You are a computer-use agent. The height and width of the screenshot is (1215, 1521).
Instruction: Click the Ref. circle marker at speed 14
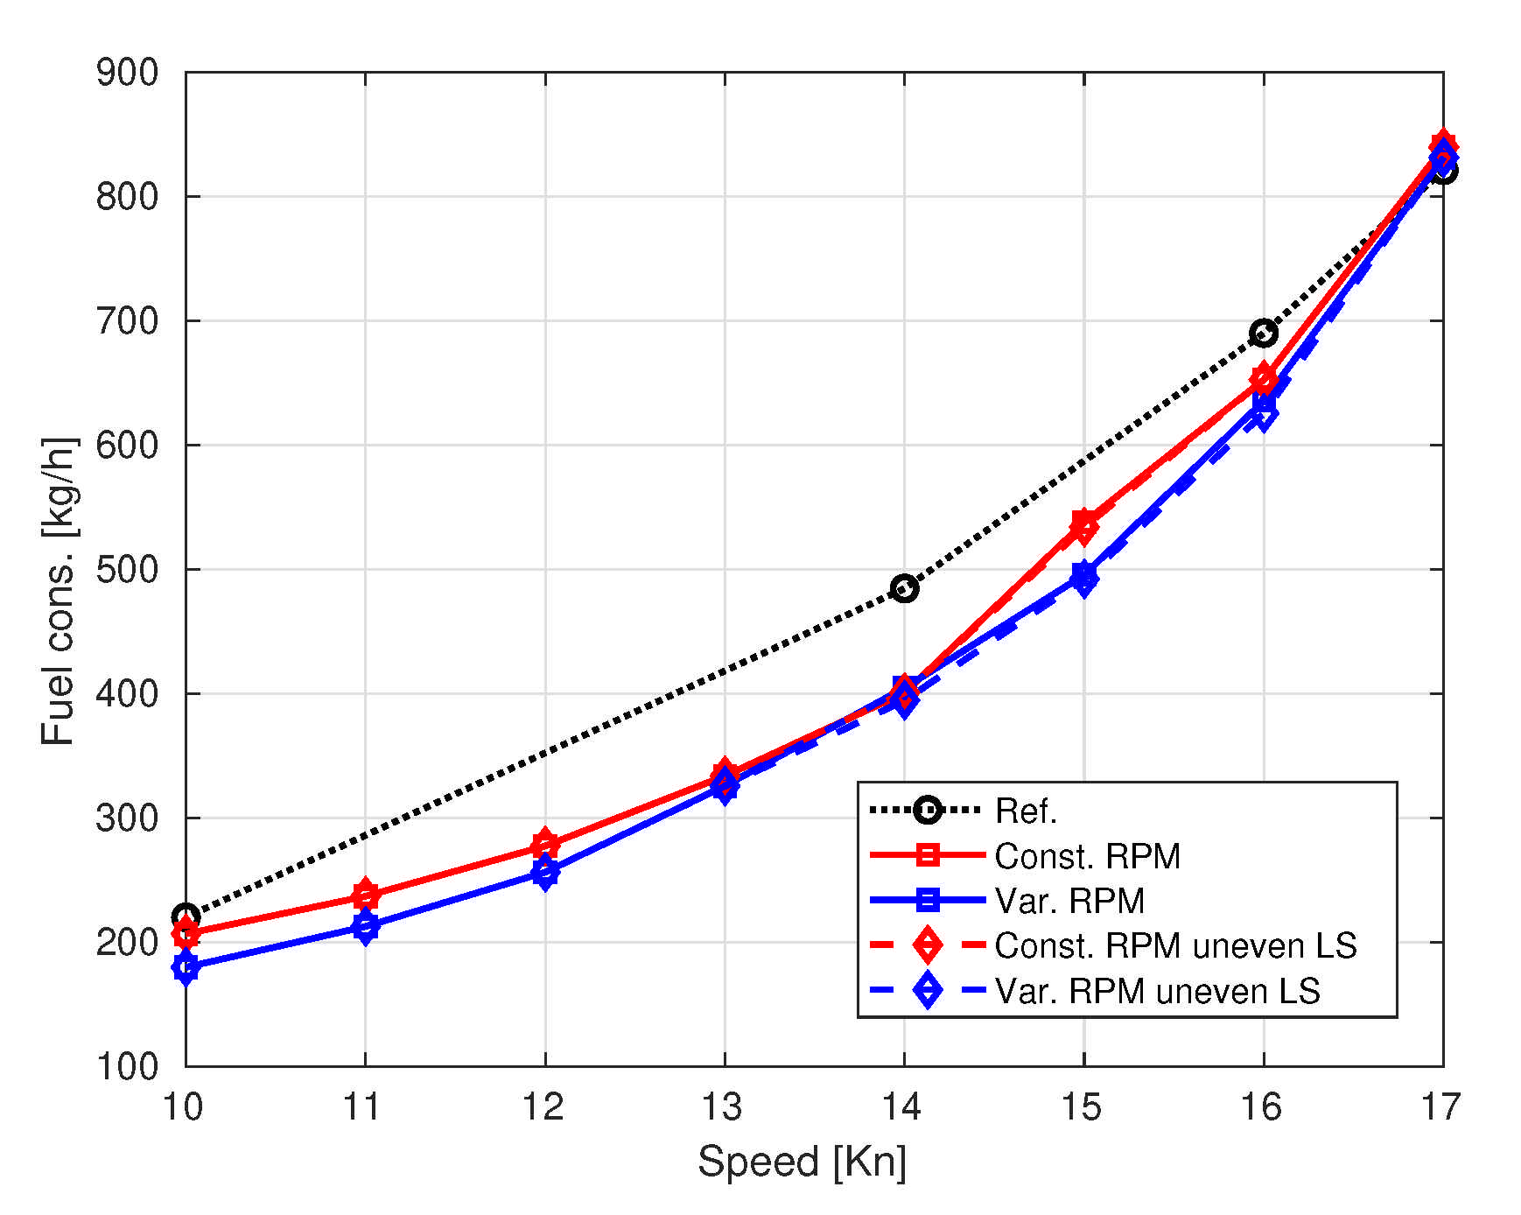coord(904,588)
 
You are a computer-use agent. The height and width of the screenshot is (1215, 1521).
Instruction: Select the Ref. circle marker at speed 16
coord(1263,333)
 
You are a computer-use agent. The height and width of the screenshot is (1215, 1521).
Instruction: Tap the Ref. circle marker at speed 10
coord(186,917)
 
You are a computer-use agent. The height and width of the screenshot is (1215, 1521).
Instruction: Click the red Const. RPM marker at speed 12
coord(544,845)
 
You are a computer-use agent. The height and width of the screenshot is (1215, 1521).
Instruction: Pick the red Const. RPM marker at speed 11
coord(366,895)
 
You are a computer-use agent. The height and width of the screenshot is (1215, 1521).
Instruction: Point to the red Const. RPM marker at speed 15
coord(1083,523)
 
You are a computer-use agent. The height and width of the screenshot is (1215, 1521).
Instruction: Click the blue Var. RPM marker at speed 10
coord(186,966)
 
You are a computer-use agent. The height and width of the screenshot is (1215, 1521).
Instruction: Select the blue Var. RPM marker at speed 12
coord(544,872)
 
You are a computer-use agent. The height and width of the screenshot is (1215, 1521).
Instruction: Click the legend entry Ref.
coord(1026,811)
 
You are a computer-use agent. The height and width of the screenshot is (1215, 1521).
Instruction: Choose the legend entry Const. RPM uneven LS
coord(1174,945)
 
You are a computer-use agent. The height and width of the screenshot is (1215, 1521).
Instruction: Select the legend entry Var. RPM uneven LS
coord(1157,991)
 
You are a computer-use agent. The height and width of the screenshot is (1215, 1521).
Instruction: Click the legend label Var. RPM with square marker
coord(1069,901)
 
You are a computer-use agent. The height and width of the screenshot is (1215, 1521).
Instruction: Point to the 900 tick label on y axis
coord(127,73)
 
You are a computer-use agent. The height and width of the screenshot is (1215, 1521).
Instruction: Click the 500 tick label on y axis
coord(127,569)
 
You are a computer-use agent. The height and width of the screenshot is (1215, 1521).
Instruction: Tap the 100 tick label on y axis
coord(127,1066)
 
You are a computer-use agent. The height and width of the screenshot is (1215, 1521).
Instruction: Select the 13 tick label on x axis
coord(723,1107)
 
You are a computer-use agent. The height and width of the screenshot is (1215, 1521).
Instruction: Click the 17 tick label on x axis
coord(1440,1107)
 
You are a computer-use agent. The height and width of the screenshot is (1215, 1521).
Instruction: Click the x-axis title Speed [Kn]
coord(802,1162)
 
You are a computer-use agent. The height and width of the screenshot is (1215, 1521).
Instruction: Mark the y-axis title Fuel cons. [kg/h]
coord(59,591)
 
